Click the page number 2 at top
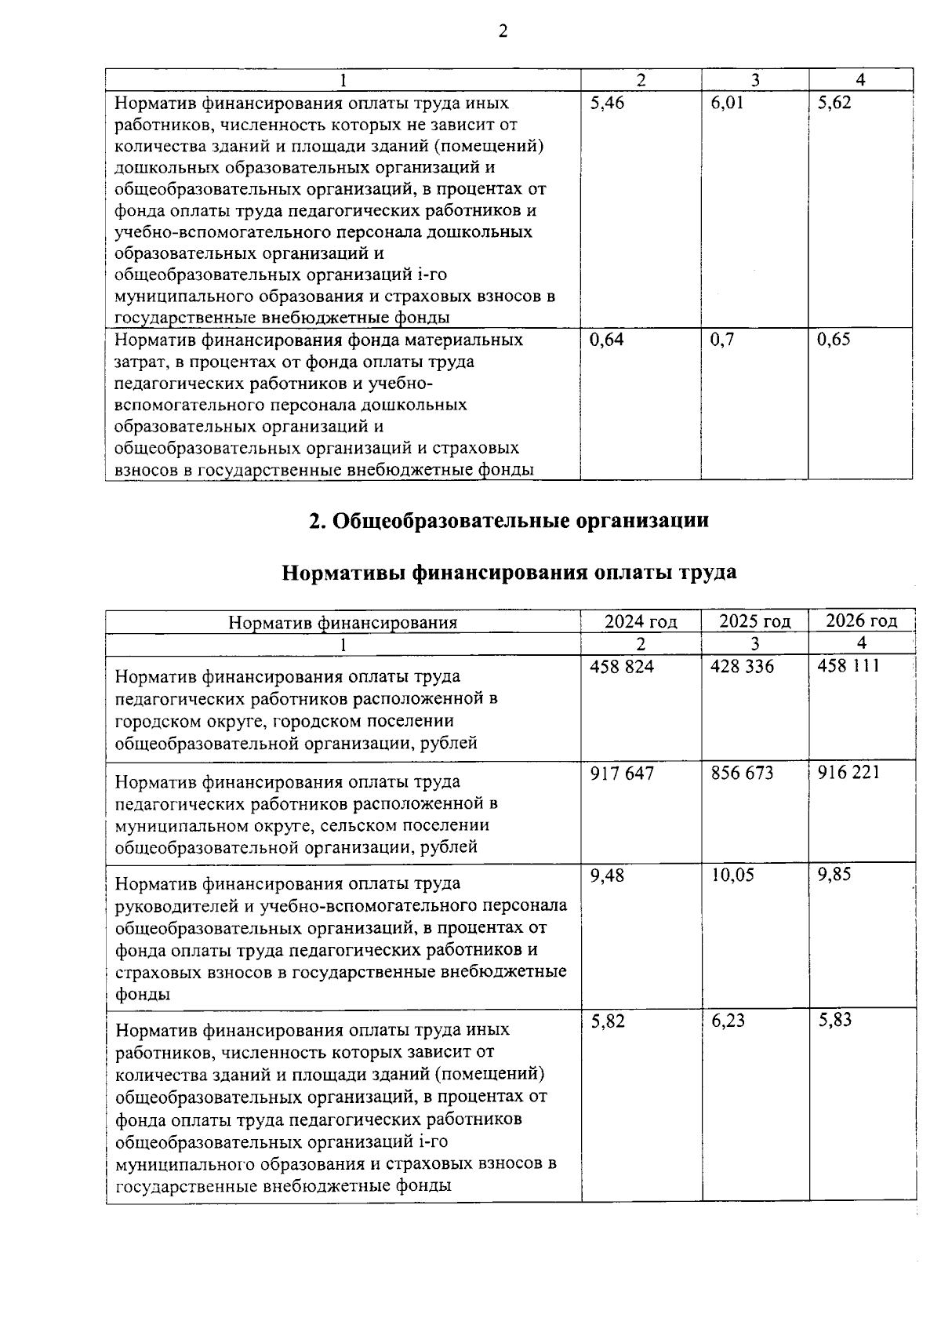[503, 31]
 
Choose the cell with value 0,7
[722, 340]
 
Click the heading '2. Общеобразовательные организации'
[509, 521]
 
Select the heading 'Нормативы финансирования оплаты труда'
[509, 573]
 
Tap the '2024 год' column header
[641, 622]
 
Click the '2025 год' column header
[755, 622]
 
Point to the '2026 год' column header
[861, 621]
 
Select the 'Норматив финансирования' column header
[343, 624]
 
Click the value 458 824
[622, 667]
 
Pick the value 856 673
[742, 774]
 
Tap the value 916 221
[848, 773]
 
